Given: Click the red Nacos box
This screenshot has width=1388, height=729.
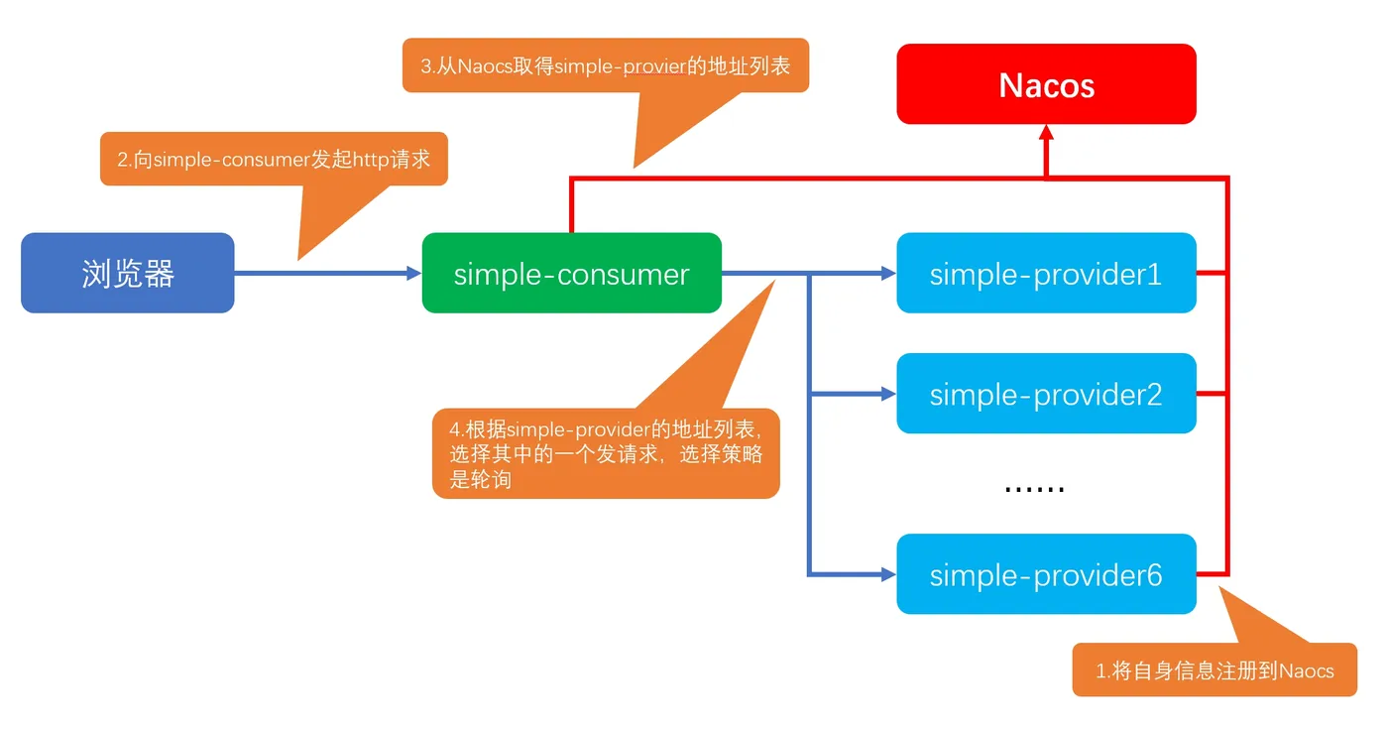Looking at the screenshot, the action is pyautogui.click(x=1046, y=83).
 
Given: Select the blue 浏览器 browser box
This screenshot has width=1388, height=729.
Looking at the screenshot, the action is pyautogui.click(x=128, y=273).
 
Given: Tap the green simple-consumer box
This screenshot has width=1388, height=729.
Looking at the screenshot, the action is pyautogui.click(x=571, y=273).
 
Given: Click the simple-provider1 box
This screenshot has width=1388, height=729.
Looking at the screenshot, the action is pyautogui.click(x=1046, y=273).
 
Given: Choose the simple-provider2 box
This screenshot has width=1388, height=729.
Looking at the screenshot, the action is pyautogui.click(x=1046, y=393).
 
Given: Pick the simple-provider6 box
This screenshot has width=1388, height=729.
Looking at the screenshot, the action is pyautogui.click(x=1046, y=574).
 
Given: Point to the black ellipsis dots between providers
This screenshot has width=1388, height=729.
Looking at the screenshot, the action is pyautogui.click(x=1034, y=489).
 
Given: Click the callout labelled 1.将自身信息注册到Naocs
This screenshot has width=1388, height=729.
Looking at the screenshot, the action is pyautogui.click(x=1214, y=669).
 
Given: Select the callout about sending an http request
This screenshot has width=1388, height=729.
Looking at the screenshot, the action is pyautogui.click(x=274, y=159).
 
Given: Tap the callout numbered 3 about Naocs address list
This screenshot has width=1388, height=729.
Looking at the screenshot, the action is pyautogui.click(x=606, y=65).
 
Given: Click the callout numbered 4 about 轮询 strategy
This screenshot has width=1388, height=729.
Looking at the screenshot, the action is pyautogui.click(x=606, y=453).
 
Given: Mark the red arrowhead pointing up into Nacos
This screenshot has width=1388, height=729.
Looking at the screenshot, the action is pyautogui.click(x=1046, y=131).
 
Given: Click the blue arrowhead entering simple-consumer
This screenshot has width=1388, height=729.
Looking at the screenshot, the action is pyautogui.click(x=414, y=273).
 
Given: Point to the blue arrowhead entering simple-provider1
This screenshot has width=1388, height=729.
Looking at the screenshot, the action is pyautogui.click(x=888, y=273).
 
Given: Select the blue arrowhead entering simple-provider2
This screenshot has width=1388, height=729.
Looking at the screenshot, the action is pyautogui.click(x=888, y=394).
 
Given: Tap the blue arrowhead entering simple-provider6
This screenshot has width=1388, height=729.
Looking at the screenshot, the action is pyautogui.click(x=888, y=574).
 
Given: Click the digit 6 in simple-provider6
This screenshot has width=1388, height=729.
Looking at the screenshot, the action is pyautogui.click(x=1153, y=574).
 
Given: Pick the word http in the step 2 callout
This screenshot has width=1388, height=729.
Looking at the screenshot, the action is pyautogui.click(x=371, y=160).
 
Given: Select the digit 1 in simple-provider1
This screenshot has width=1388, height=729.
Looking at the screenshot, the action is pyautogui.click(x=1154, y=274).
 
